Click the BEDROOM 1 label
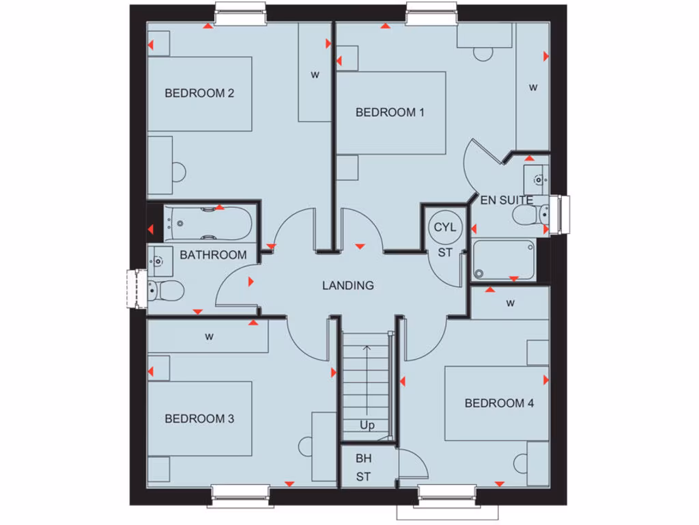click(x=390, y=112)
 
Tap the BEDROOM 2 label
click(x=199, y=93)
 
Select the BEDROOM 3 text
click(x=199, y=418)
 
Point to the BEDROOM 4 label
click(x=499, y=403)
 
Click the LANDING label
click(x=348, y=285)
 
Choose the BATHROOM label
click(x=213, y=255)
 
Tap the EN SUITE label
click(x=507, y=200)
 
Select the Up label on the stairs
click(x=367, y=425)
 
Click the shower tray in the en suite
click(x=504, y=260)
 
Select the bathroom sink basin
click(x=158, y=260)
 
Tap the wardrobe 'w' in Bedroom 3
click(x=209, y=336)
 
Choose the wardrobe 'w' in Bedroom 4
click(x=510, y=303)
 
